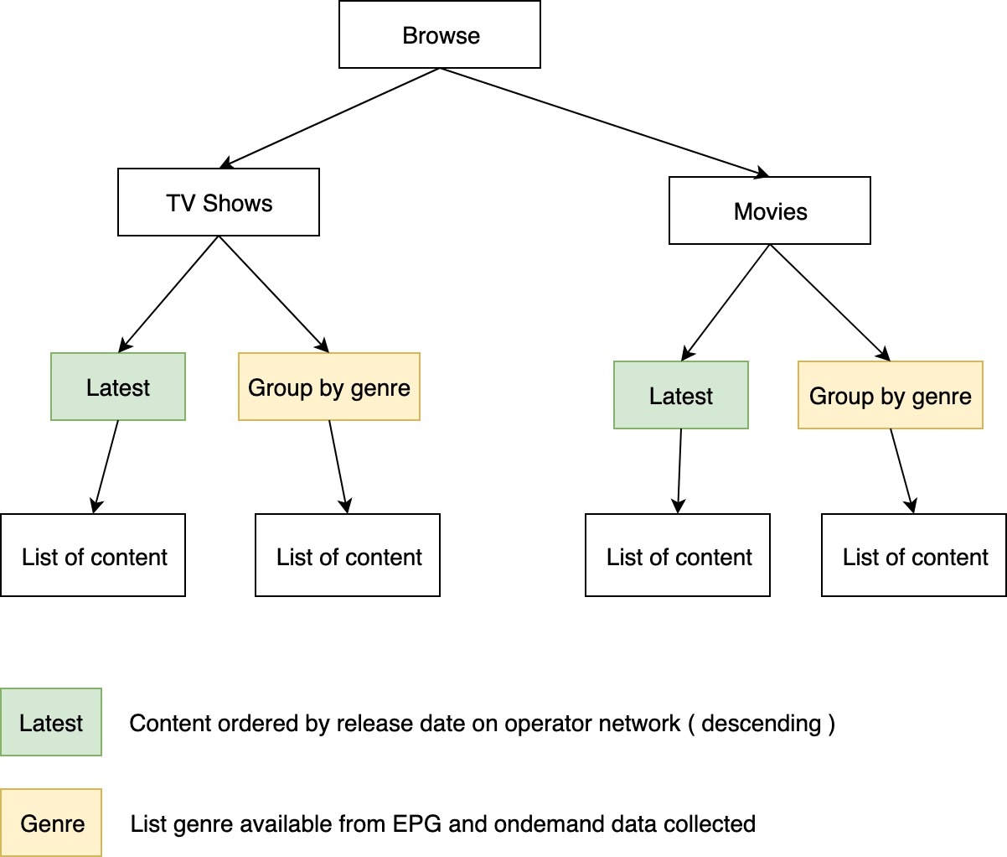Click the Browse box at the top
440,35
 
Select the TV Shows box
219,203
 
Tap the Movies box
770,211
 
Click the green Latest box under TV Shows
118,387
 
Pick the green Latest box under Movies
681,396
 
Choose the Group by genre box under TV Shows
329,387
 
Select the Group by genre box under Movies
891,396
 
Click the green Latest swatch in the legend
51,723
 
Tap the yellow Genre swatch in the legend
51,823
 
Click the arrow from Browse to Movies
603,122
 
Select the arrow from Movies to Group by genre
829,303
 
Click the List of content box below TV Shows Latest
93,556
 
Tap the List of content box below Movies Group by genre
914,556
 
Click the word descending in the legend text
761,724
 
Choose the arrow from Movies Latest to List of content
679,470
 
